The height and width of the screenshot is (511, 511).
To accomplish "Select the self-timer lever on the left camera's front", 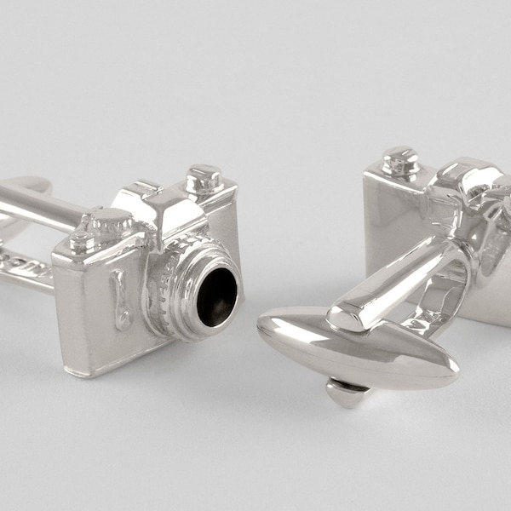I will [x=121, y=301].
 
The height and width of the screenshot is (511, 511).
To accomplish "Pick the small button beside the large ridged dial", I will [x=83, y=241].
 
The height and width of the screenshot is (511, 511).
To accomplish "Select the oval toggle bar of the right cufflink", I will [x=358, y=345].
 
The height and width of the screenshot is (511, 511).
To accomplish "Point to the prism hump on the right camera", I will [x=464, y=183].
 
